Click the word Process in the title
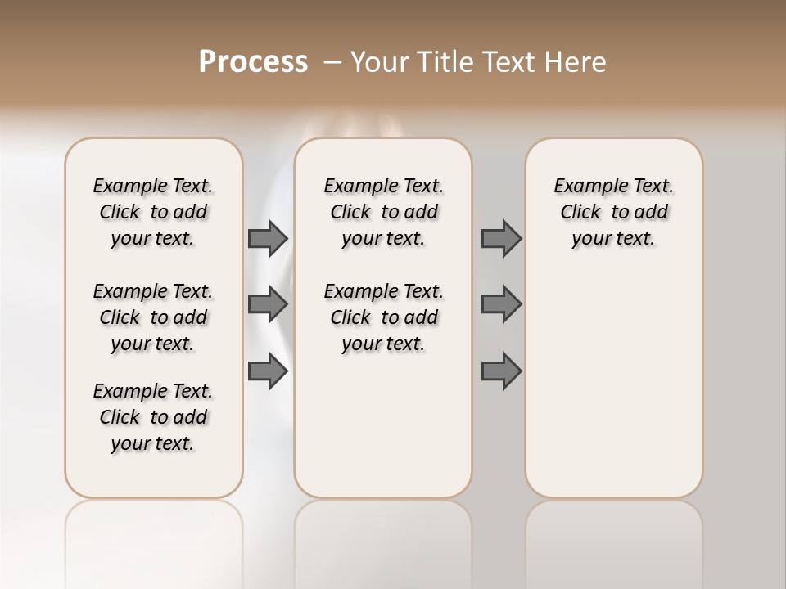click(x=253, y=62)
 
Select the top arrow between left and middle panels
click(x=268, y=238)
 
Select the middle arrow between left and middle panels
click(x=268, y=304)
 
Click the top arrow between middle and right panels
click(x=501, y=238)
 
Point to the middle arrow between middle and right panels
click(x=501, y=304)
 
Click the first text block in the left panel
click(x=153, y=212)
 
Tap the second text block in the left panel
click(x=153, y=317)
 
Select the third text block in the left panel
click(x=153, y=417)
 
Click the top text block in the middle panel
click(x=383, y=212)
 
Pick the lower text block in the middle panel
click(x=383, y=317)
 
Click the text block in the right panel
click(x=613, y=212)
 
